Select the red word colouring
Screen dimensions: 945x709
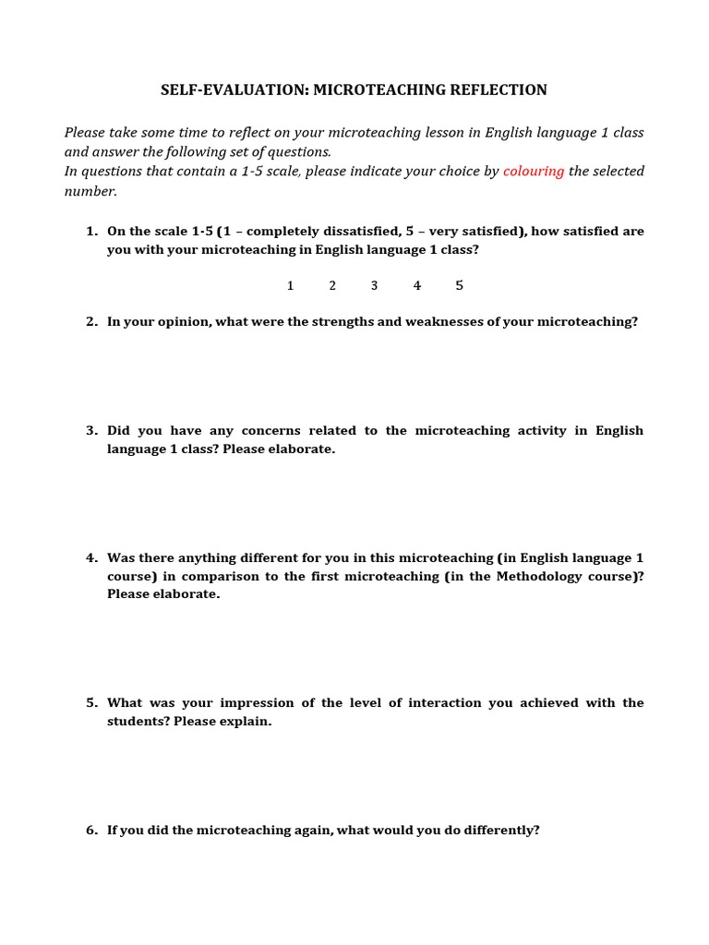click(534, 172)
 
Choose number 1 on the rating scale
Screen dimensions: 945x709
click(290, 286)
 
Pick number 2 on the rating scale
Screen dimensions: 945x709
click(332, 286)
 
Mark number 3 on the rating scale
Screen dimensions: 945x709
click(374, 286)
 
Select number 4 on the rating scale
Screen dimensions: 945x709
click(417, 286)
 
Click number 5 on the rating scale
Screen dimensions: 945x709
click(459, 286)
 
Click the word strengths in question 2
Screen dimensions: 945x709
click(342, 322)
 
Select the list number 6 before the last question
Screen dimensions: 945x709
click(91, 831)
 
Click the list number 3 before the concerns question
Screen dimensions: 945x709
click(91, 431)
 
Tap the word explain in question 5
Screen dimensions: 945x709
click(245, 722)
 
